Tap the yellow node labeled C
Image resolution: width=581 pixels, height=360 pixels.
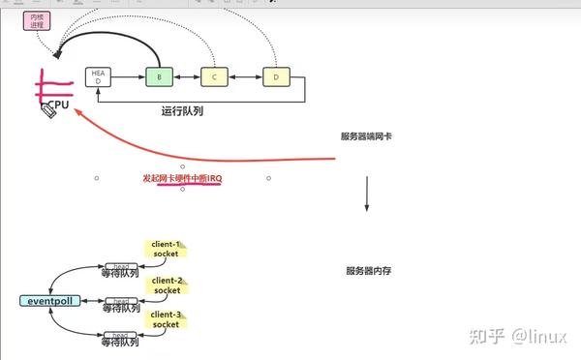[x=215, y=76]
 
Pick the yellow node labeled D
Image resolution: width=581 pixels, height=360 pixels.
[x=275, y=76]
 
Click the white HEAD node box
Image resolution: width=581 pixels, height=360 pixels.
[x=97, y=76]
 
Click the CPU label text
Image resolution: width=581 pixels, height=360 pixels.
[x=60, y=103]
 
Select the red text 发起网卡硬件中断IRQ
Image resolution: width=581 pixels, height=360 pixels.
[x=182, y=179]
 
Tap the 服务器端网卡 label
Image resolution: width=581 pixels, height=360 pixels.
[x=366, y=137]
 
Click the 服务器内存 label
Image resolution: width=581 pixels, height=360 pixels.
[x=368, y=271]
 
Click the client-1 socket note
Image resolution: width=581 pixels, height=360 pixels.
[x=167, y=249]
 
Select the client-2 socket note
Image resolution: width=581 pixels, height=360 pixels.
[x=167, y=285]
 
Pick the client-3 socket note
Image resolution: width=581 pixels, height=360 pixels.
[x=167, y=319]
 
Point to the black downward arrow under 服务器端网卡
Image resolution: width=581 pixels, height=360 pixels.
[x=367, y=194]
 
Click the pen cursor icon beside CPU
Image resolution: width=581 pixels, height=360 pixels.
[x=47, y=111]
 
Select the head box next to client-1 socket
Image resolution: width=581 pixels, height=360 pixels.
[x=121, y=265]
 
